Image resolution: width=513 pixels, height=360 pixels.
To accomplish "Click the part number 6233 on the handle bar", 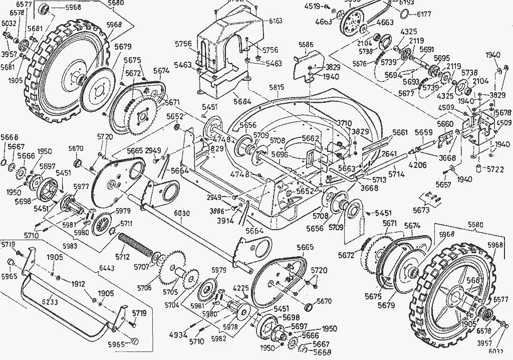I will (50, 302).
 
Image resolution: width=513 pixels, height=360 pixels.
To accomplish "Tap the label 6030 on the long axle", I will (182, 214).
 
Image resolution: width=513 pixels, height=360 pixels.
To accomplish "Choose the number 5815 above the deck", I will (277, 87).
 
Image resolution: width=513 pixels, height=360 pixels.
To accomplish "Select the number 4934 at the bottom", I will (178, 335).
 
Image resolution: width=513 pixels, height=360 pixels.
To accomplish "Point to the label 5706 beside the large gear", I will (144, 287).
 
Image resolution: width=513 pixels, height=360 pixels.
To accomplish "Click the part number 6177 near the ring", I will (424, 15).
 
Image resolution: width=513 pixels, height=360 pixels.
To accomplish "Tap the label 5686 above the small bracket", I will (306, 45).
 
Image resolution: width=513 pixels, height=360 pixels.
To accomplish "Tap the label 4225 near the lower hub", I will (241, 288).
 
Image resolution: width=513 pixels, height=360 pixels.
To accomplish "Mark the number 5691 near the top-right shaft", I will (427, 50).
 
